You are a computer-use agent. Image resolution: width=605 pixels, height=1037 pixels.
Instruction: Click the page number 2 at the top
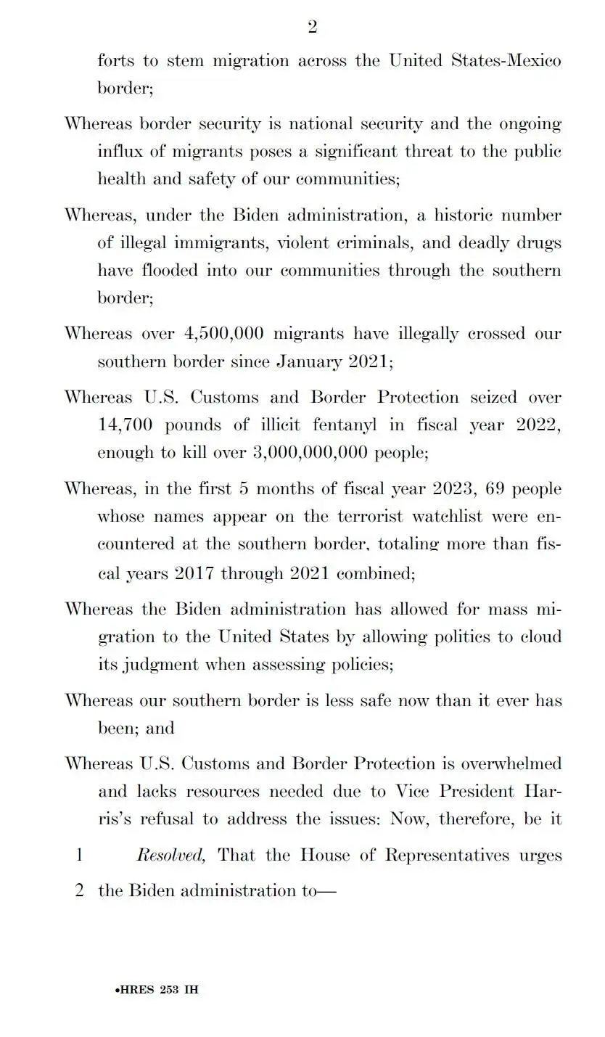click(x=312, y=28)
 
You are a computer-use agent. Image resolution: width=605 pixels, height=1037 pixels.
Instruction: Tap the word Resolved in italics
click(x=170, y=856)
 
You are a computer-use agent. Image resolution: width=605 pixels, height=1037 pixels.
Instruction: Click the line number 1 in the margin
click(x=79, y=856)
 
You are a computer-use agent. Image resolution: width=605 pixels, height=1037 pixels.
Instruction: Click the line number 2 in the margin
click(x=79, y=890)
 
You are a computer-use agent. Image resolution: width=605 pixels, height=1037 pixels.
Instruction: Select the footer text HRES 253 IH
click(x=157, y=990)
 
